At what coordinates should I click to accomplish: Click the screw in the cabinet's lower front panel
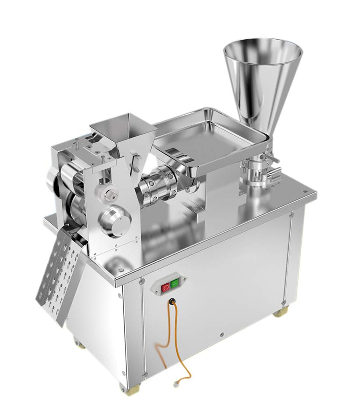pos(222,335)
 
